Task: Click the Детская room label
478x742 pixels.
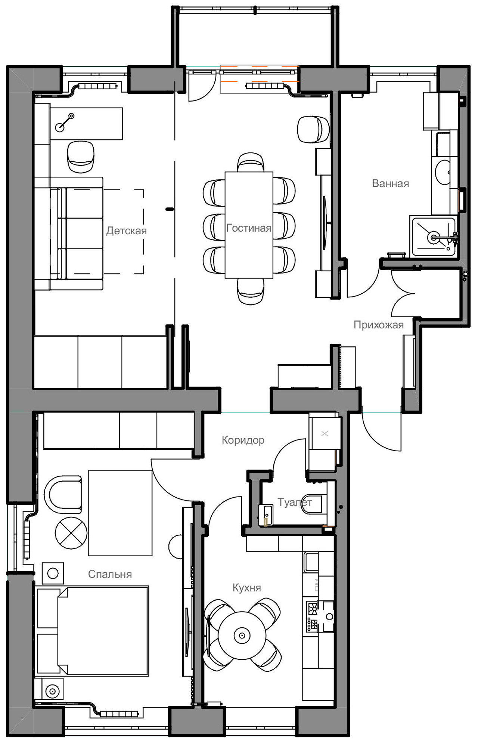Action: click(126, 231)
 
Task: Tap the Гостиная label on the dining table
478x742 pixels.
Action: click(249, 228)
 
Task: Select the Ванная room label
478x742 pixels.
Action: click(391, 183)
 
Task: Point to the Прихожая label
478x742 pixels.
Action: click(379, 325)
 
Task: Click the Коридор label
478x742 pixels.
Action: click(243, 440)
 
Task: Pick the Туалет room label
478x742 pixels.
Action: click(295, 502)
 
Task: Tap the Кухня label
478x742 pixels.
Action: click(247, 588)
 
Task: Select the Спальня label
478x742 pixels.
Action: click(110, 574)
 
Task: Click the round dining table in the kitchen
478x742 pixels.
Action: click(242, 635)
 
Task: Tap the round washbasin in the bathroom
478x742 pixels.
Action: click(443, 172)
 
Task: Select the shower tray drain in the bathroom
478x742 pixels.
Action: click(434, 237)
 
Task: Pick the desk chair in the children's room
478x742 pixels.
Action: click(81, 157)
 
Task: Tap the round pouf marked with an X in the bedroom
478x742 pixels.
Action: click(71, 533)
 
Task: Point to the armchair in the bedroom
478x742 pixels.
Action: click(63, 495)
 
